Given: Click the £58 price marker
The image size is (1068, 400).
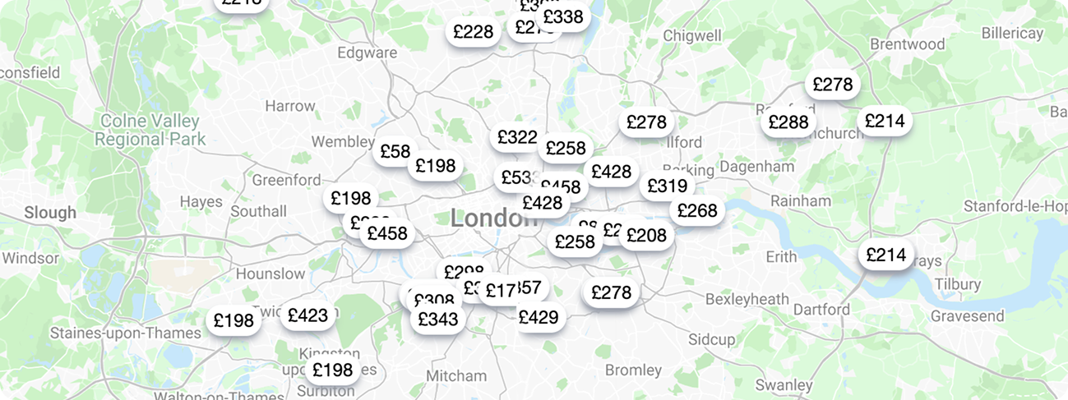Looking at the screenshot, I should click(x=395, y=151).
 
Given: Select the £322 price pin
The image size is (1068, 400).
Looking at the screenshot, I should click(x=517, y=137).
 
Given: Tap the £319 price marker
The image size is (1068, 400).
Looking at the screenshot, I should click(x=667, y=186).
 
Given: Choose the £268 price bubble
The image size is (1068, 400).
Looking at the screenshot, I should click(x=697, y=211).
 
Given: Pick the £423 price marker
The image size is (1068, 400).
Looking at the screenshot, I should click(x=307, y=315).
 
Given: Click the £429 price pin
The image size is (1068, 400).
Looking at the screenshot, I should click(x=539, y=317).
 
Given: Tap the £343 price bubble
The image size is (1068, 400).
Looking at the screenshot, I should click(x=437, y=319).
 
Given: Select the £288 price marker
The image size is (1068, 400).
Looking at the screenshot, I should click(x=788, y=122).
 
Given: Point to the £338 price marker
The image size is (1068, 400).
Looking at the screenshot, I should click(x=563, y=16).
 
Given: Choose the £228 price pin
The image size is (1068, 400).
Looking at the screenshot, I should click(x=474, y=32).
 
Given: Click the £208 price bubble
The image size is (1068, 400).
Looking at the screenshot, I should click(x=646, y=236).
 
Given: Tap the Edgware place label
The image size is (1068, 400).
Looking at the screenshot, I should click(x=367, y=53).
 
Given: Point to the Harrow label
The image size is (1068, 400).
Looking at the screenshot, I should click(x=289, y=106).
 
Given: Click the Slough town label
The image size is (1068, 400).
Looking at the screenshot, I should click(x=50, y=213).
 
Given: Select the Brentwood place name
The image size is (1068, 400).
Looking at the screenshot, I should click(x=907, y=44).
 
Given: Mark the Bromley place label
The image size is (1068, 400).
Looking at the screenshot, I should click(x=633, y=370).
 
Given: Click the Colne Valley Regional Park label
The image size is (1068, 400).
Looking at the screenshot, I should click(x=150, y=131).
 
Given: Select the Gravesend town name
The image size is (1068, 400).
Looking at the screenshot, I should click(x=967, y=315).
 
